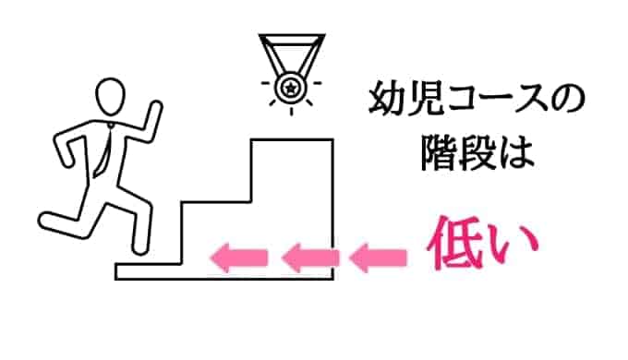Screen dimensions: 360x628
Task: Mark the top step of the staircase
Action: point(292,141)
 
